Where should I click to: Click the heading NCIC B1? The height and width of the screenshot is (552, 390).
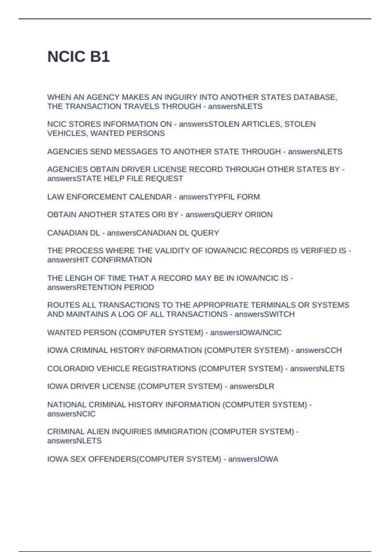(x=78, y=56)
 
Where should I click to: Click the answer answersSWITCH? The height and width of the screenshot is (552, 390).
(x=265, y=314)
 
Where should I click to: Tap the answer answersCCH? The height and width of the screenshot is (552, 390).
(x=318, y=350)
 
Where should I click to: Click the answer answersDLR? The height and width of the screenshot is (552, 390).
(x=252, y=386)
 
